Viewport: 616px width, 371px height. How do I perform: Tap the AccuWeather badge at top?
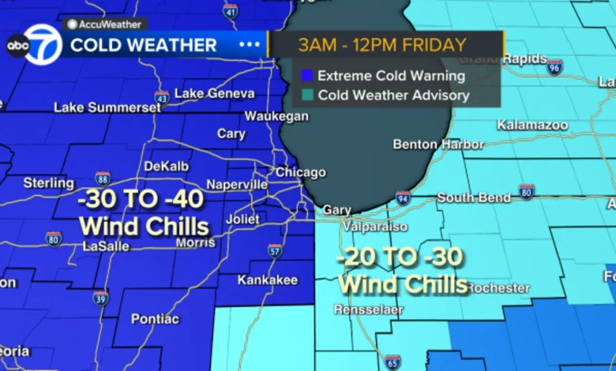[95, 24]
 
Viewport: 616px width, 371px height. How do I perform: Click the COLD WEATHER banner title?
[143, 45]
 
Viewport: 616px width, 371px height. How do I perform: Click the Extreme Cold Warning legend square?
[306, 77]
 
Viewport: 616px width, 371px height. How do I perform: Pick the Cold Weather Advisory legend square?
[306, 96]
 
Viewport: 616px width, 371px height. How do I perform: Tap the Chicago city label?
[300, 172]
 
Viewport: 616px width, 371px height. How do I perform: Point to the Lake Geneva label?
[214, 93]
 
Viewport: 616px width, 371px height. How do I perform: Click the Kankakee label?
[269, 279]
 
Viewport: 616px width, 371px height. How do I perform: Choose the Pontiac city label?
[154, 319]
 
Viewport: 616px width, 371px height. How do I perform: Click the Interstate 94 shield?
[403, 197]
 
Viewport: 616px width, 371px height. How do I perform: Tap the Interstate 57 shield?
[274, 252]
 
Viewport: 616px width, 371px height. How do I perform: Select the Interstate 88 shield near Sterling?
[103, 178]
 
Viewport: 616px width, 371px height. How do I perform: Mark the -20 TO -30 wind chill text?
[400, 257]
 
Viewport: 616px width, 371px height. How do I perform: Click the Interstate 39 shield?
[100, 298]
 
